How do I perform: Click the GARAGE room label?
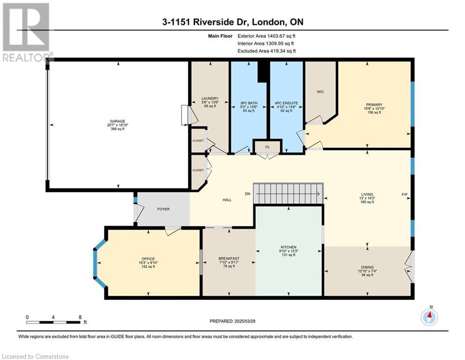[x=118, y=121]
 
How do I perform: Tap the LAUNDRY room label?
[x=210, y=98]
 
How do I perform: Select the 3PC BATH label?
[x=249, y=103]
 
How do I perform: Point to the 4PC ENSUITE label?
[x=286, y=103]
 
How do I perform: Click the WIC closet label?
[x=320, y=92]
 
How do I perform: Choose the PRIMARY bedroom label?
[x=374, y=105]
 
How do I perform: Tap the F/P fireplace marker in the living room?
[x=405, y=195]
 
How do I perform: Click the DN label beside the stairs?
[x=247, y=194]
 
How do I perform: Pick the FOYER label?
[x=163, y=209]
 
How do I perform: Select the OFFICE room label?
[x=148, y=259]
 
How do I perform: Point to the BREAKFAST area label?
[x=229, y=258]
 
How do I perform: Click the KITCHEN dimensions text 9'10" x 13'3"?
[x=288, y=251]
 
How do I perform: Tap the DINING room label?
[x=367, y=267]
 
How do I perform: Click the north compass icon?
[x=429, y=317]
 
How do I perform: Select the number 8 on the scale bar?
[x=80, y=317]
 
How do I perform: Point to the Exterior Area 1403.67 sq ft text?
[x=266, y=36]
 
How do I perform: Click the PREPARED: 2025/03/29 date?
[x=232, y=321]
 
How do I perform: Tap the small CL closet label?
[x=267, y=147]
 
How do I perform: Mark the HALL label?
[x=227, y=200]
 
